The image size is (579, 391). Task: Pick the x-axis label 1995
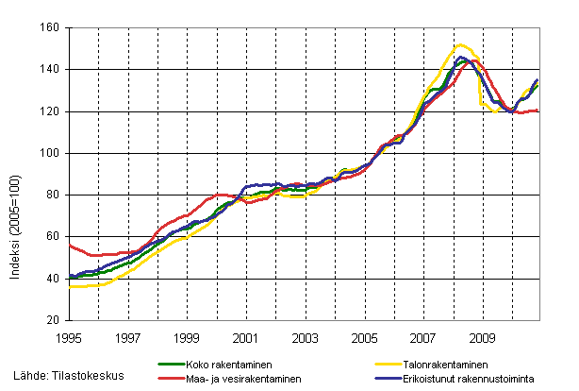(70, 336)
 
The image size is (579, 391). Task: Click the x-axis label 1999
(187, 336)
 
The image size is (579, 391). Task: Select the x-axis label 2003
(305, 336)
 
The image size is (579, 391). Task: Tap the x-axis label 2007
(422, 336)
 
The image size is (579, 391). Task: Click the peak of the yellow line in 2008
(460, 44)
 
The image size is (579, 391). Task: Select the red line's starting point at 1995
(71, 246)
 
